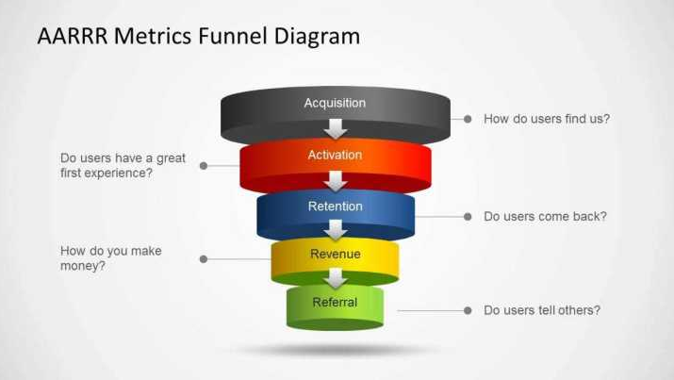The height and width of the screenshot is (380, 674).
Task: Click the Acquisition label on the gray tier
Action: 335,103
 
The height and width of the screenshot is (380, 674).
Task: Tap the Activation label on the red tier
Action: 335,155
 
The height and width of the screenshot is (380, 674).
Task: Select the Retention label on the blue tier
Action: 335,207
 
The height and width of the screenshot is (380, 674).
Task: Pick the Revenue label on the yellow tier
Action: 336,255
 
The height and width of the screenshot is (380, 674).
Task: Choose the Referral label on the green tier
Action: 335,303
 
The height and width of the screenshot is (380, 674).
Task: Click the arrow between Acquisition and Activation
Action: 336,128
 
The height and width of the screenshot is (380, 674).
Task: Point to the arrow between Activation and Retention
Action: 336,180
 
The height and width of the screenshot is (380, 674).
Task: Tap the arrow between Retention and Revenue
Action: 336,229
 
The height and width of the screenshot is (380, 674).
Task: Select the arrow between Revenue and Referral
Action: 336,278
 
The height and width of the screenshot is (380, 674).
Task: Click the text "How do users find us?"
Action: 547,119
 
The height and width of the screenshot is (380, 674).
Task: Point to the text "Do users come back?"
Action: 545,216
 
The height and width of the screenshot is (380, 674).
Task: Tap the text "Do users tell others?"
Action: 542,310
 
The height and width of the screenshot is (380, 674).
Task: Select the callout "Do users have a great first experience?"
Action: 123,166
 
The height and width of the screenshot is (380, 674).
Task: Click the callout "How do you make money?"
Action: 109,258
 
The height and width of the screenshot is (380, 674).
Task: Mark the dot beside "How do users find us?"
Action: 467,119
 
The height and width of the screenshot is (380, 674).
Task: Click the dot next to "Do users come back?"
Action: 467,216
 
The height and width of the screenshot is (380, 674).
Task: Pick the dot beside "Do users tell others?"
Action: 467,310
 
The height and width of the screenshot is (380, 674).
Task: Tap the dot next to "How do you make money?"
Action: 204,258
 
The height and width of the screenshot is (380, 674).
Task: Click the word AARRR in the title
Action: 74,37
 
